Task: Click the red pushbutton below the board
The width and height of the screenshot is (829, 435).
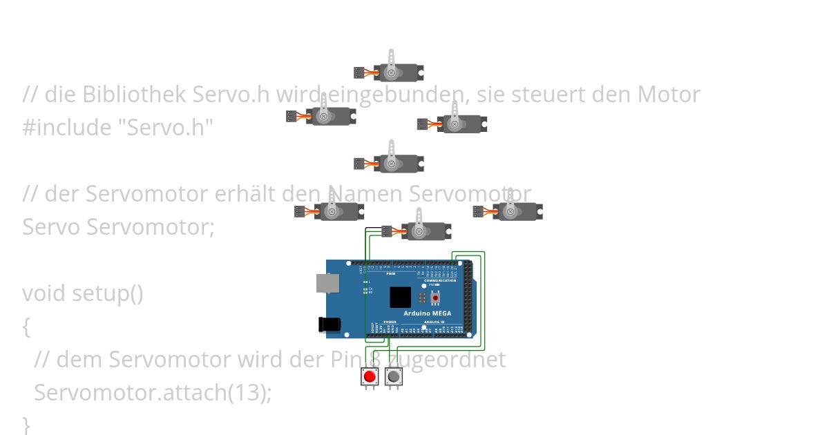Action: [370, 377]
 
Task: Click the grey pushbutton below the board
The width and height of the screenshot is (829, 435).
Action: [393, 377]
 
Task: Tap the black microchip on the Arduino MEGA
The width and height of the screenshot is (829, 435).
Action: [400, 298]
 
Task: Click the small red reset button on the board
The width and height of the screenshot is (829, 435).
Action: [435, 298]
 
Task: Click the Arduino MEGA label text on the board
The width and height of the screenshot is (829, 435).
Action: [427, 313]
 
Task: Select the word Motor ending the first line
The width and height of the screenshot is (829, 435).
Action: [668, 95]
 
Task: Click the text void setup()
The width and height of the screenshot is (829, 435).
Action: [82, 293]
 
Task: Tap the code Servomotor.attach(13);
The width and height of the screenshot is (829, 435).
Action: [153, 393]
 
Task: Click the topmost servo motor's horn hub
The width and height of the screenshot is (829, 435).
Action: [391, 72]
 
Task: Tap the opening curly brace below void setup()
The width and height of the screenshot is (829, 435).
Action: [26, 327]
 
